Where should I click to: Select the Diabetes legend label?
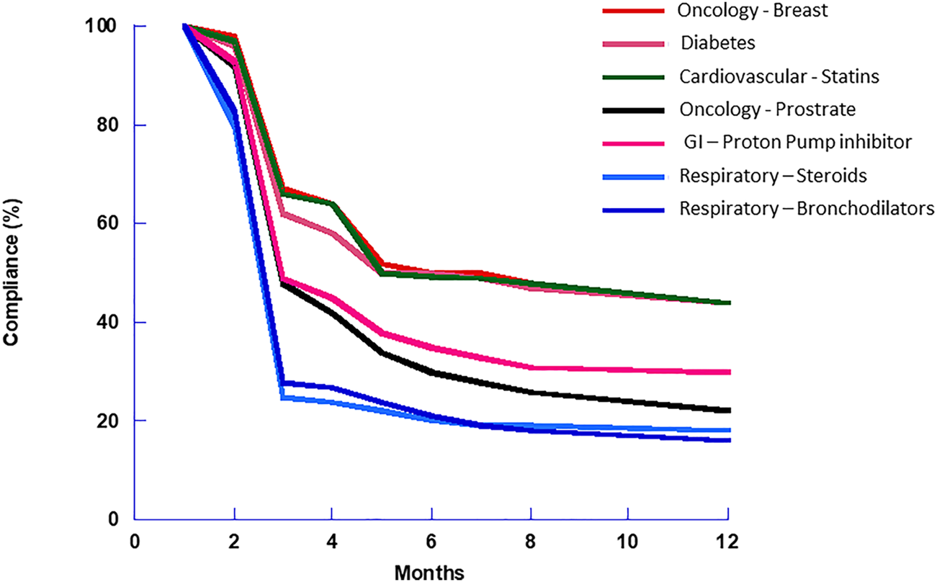click(x=718, y=43)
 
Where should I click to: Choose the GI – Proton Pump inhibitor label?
click(x=798, y=143)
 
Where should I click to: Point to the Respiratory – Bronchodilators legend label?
click(x=807, y=208)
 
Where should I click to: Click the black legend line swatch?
click(x=629, y=110)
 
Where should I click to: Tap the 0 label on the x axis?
click(x=135, y=540)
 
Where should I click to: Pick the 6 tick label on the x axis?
click(x=431, y=540)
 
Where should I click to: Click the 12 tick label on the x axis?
click(x=727, y=540)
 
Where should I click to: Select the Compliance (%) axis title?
click(x=12, y=272)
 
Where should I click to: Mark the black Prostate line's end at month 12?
click(x=727, y=410)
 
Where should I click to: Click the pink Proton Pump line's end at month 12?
click(x=727, y=372)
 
